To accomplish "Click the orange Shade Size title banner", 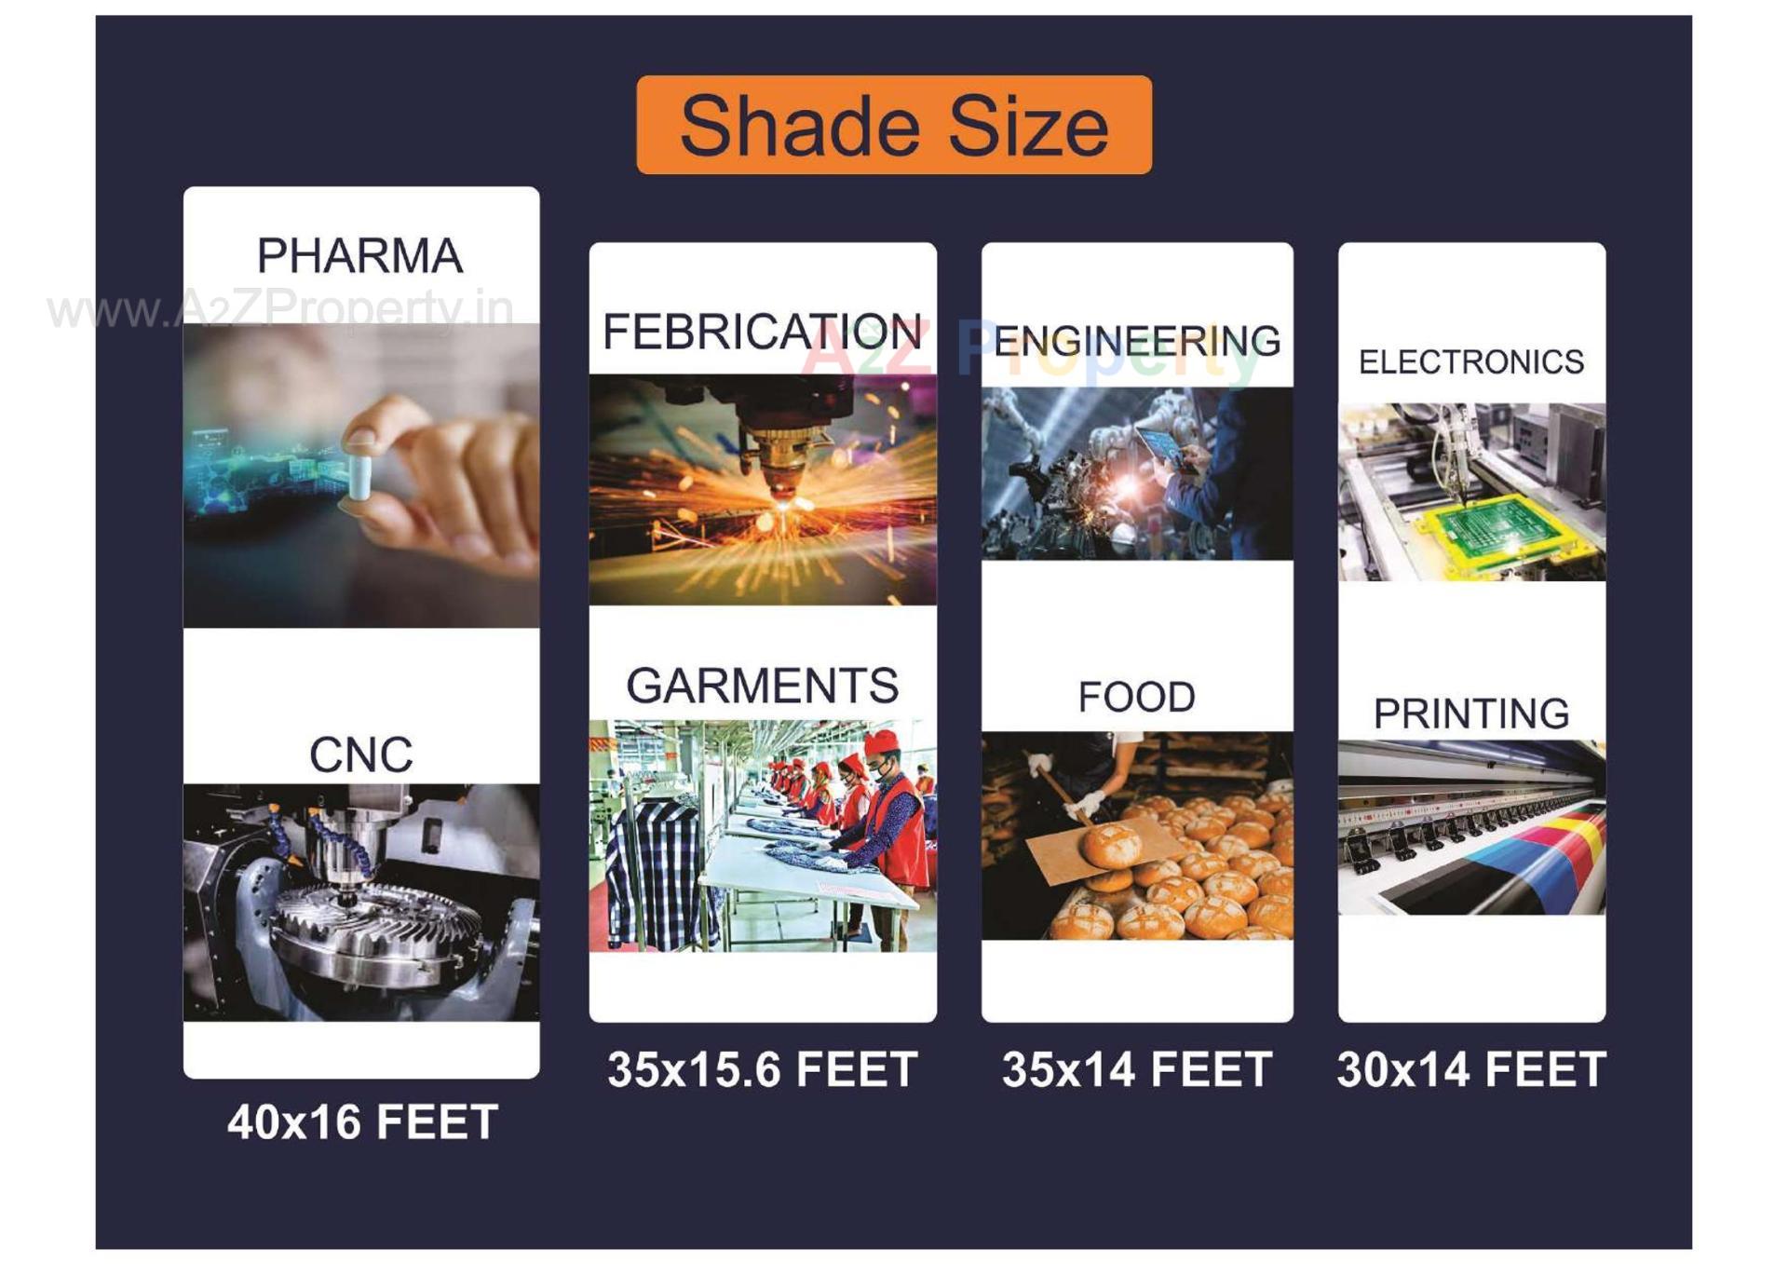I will coord(894,125).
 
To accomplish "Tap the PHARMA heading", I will coord(359,256).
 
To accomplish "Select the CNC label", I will coord(360,754).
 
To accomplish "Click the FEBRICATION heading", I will coord(762,333).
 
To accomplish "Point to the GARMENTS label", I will coord(762,686).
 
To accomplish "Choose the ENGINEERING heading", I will coord(1136,342).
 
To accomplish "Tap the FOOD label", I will coord(1136,697).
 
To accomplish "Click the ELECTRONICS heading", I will coord(1470,362).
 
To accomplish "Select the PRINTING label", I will coord(1470,714).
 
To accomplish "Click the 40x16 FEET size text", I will coord(362,1122).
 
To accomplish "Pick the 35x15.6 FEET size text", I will coord(762,1069).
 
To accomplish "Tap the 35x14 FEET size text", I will coord(1136,1069).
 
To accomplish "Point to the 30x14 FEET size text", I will coord(1470,1069).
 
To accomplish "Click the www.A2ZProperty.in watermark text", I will coord(279,309).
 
